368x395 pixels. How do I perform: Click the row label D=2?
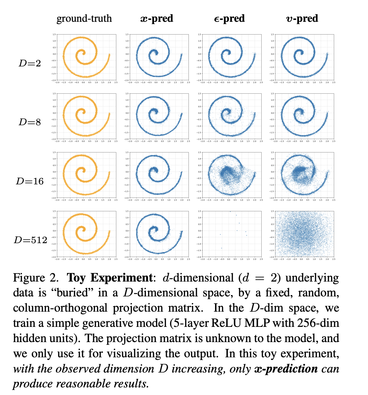point(30,63)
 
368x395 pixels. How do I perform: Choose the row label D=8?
point(30,122)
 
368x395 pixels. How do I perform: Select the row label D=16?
point(30,181)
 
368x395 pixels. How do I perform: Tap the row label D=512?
point(30,240)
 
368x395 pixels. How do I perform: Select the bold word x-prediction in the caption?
point(286,368)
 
